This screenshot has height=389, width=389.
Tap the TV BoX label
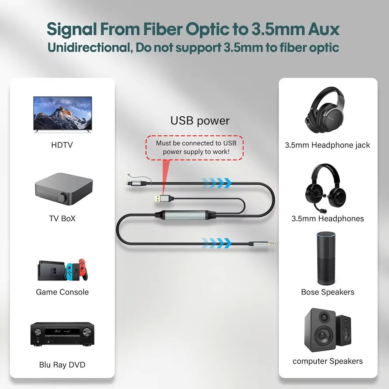[62, 218]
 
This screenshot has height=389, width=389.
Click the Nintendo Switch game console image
[62, 269]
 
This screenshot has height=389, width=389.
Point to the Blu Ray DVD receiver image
[62, 334]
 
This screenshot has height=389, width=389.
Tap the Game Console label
[62, 292]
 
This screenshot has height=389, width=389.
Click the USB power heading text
[200, 120]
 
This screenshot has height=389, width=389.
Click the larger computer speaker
[320, 330]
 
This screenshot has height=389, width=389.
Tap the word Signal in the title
[73, 29]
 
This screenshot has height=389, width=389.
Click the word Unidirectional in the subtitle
[88, 47]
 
